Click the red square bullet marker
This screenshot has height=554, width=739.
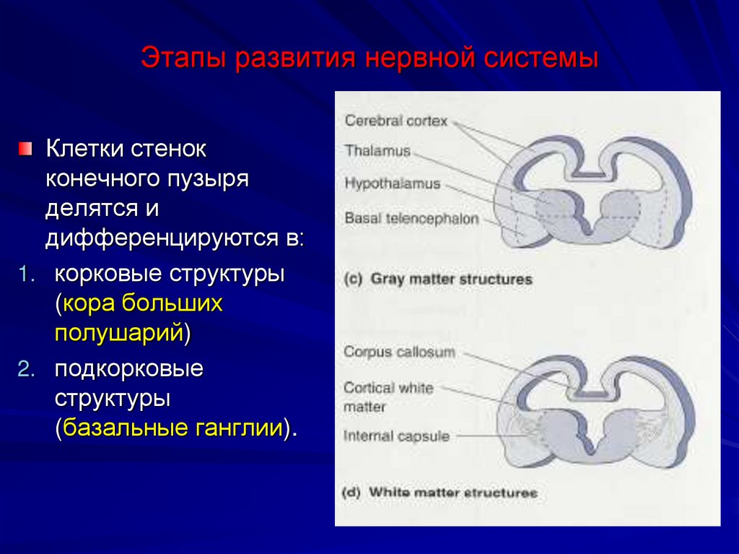click(x=26, y=150)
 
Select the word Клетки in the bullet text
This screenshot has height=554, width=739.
click(x=84, y=150)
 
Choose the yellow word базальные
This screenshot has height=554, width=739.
click(x=126, y=428)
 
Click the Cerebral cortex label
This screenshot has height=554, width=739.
click(x=396, y=121)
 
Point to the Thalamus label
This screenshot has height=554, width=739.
click(x=377, y=152)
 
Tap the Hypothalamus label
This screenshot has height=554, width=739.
click(x=392, y=183)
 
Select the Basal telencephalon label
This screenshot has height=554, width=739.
click(x=411, y=217)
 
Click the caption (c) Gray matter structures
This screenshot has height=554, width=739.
click(x=438, y=279)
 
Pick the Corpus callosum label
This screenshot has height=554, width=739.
click(x=399, y=352)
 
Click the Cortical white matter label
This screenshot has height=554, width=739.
click(x=388, y=397)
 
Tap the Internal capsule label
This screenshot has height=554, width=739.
click(x=396, y=436)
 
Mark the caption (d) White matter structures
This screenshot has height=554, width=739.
click(x=439, y=493)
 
